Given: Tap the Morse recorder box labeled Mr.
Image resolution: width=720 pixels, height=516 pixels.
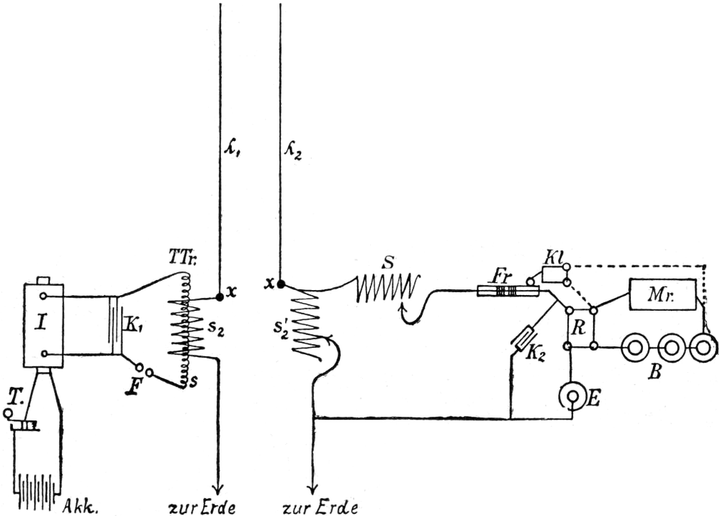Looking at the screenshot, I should point(663,294).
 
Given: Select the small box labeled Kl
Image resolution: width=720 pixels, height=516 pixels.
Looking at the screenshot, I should point(554,273).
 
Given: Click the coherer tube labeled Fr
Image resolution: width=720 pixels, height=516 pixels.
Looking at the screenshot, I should point(508,291).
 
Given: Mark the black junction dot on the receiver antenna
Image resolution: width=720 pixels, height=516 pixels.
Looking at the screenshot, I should point(279,284).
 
